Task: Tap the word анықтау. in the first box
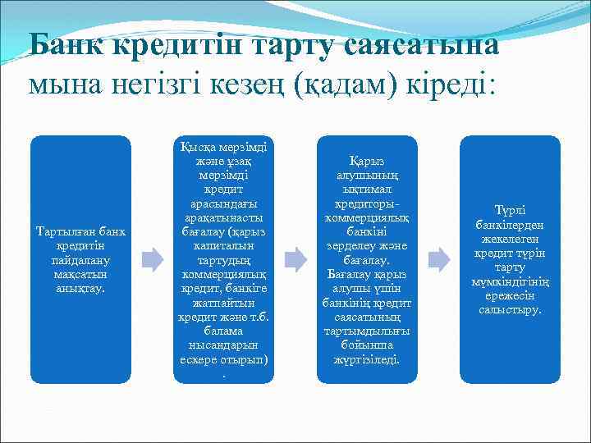pos(80,289)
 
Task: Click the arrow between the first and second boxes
pos(153,259)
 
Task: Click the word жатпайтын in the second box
pos(224,302)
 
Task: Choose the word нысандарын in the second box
pos(224,345)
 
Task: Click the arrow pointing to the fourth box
pos(439,259)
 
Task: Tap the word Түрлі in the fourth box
pos(510,209)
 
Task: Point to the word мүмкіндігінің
pos(510,282)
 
